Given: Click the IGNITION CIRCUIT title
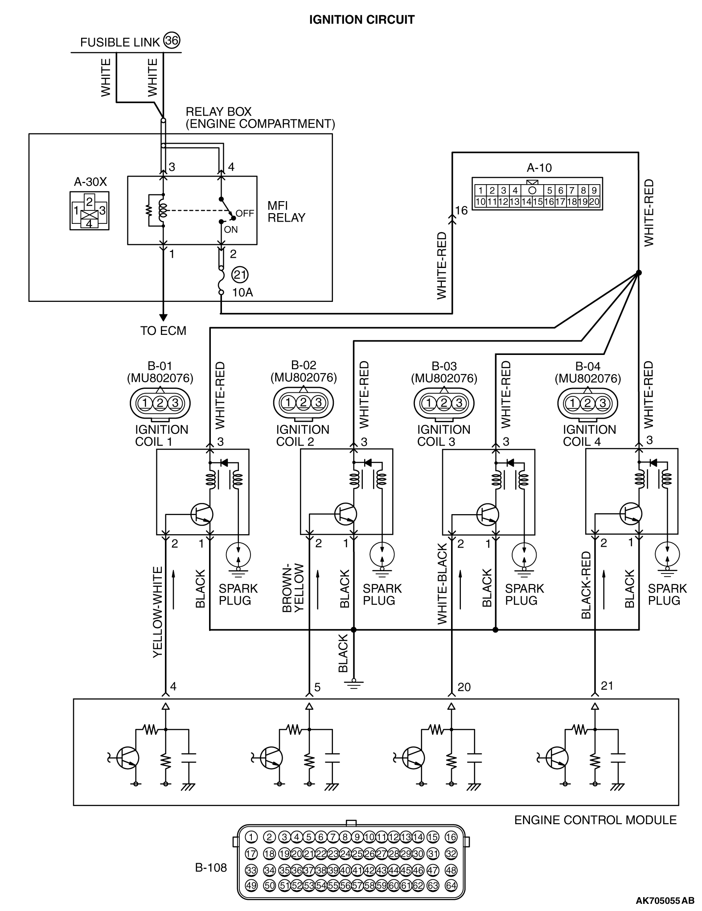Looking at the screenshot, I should click(361, 20).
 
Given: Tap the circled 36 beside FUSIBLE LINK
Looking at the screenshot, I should click(172, 41).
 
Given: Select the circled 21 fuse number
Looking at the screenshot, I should click(240, 275).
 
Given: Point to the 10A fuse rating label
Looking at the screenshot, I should click(242, 293).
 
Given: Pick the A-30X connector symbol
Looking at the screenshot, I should click(89, 211).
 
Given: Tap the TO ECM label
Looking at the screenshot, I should click(163, 330).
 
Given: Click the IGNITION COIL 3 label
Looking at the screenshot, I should click(443, 436).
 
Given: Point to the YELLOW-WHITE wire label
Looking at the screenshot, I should click(158, 612).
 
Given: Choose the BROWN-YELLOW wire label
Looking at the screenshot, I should click(293, 588).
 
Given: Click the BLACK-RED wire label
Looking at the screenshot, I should click(586, 585).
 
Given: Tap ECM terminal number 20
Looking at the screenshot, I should click(464, 687).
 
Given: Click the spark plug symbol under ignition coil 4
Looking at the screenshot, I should click(667, 555).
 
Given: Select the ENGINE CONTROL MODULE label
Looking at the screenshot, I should click(595, 820).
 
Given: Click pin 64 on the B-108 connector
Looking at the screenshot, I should click(451, 885).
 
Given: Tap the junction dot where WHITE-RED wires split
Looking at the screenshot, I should click(639, 272).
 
